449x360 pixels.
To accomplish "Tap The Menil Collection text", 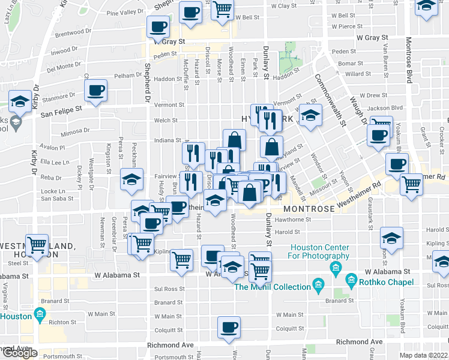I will point(273,287).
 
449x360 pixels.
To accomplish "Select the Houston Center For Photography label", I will point(320,252).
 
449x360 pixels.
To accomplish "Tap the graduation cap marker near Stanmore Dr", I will point(20,101).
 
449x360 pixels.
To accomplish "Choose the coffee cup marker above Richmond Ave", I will point(229,327).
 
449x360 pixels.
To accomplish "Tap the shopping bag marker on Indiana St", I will point(234,140).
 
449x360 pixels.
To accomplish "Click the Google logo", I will point(20,353).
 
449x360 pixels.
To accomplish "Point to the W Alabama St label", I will point(116,275).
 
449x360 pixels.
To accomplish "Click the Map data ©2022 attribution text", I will point(423,355).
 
